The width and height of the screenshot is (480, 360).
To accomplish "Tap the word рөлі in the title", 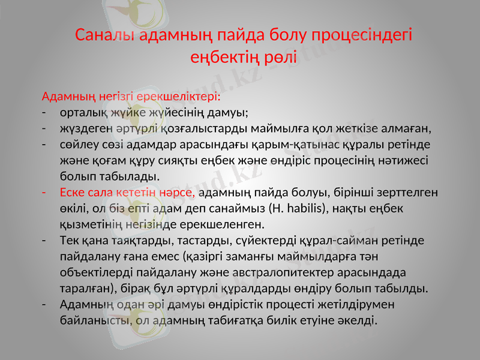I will coord(278,57).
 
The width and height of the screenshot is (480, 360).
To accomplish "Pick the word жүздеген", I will coord(85,128).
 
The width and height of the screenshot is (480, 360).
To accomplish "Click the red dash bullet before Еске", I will coord(44,193).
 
